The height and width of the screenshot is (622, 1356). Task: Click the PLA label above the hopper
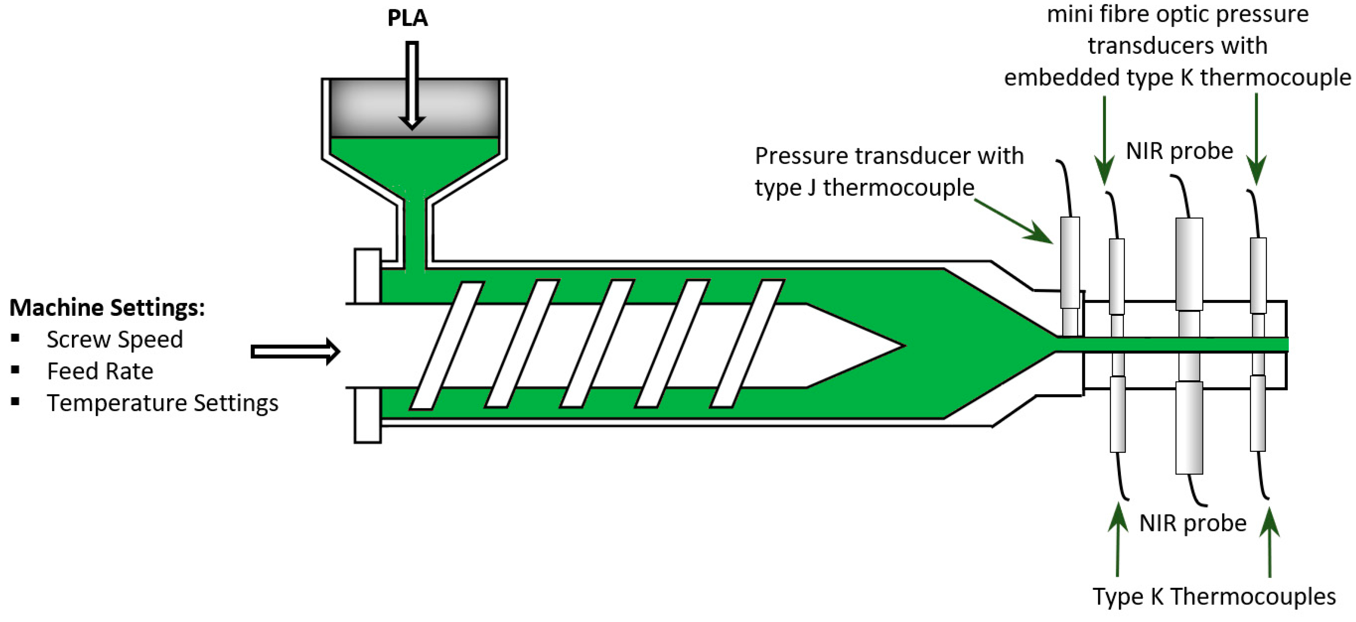click(x=408, y=18)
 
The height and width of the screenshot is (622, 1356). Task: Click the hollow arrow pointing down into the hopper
click(x=412, y=84)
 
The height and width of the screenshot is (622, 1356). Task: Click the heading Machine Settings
click(x=107, y=307)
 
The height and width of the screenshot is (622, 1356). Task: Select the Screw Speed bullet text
click(x=114, y=340)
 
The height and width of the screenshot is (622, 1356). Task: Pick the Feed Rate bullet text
click(x=100, y=371)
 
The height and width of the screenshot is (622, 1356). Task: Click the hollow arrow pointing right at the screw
click(x=295, y=351)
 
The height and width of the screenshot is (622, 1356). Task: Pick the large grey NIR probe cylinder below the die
click(x=1189, y=427)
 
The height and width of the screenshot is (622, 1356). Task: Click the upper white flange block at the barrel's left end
click(x=368, y=276)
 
